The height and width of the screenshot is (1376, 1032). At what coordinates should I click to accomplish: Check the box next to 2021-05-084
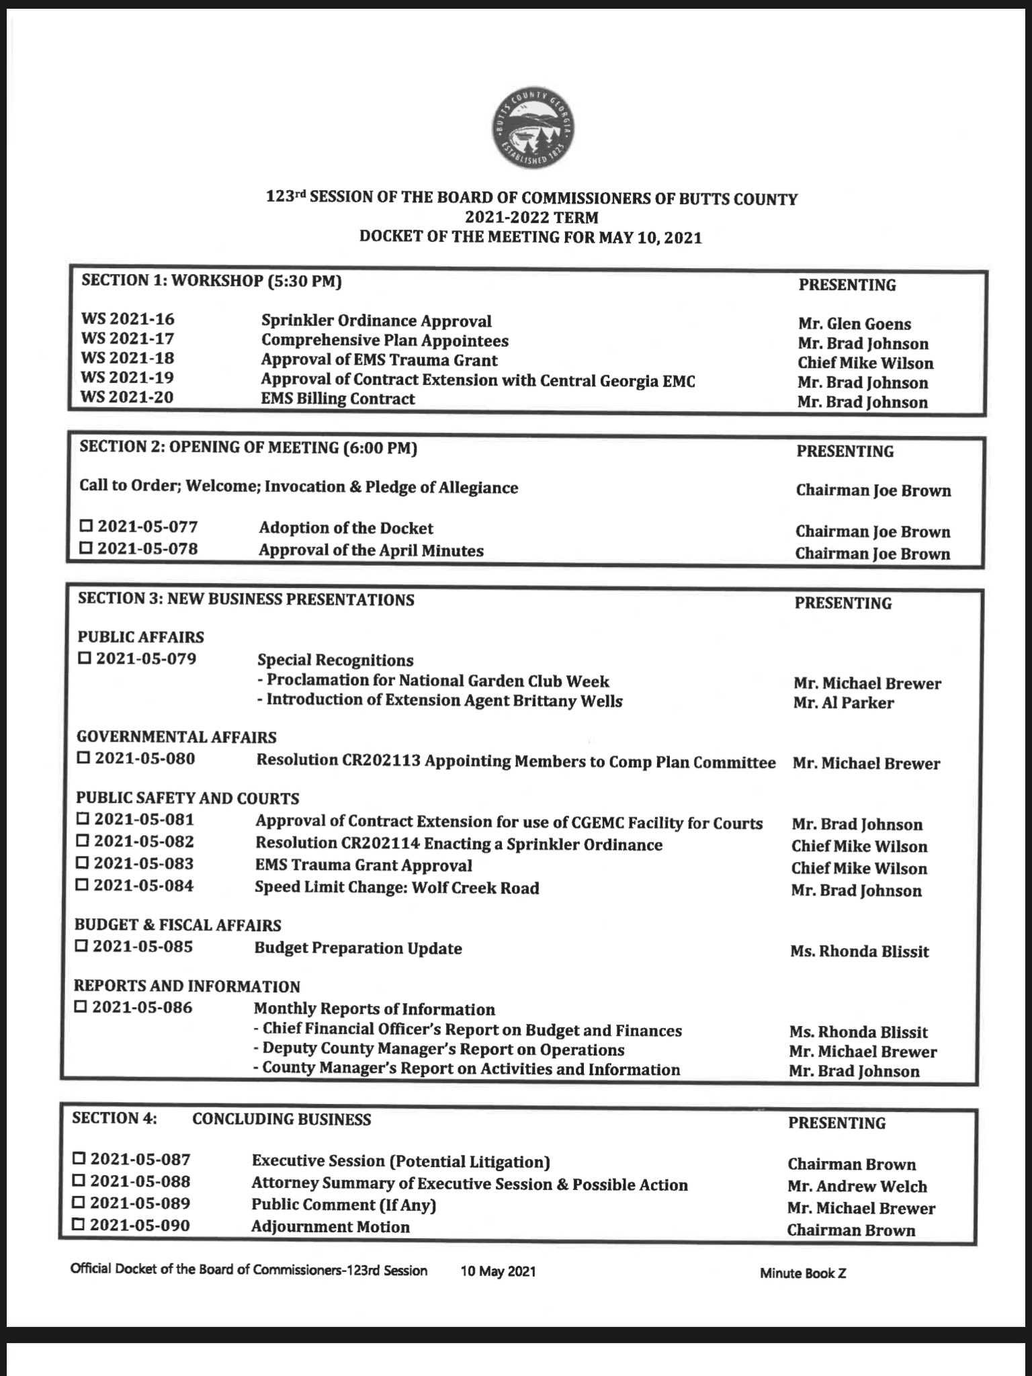(x=82, y=885)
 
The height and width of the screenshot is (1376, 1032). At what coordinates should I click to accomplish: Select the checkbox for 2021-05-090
(x=79, y=1224)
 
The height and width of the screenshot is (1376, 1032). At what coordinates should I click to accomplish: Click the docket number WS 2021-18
(x=127, y=358)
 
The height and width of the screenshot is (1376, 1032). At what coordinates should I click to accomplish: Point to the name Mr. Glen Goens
(x=855, y=324)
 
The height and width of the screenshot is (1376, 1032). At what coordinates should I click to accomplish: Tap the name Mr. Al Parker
(x=843, y=703)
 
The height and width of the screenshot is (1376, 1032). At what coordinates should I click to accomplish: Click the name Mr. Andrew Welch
(x=857, y=1187)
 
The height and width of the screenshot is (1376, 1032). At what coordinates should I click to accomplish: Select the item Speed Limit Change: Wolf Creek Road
(x=396, y=888)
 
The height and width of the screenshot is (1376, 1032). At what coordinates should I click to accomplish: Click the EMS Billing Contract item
(x=338, y=398)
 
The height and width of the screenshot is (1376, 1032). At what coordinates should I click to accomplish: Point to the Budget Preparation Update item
(x=358, y=948)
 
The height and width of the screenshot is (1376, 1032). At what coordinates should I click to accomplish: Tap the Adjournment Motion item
(x=331, y=1226)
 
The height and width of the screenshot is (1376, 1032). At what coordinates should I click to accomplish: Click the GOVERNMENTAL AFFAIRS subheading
(x=176, y=737)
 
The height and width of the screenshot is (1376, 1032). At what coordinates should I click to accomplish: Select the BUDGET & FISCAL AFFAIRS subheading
(x=178, y=925)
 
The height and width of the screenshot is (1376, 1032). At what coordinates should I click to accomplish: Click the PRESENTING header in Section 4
(x=836, y=1123)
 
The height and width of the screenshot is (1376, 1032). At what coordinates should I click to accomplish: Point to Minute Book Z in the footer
(x=803, y=1273)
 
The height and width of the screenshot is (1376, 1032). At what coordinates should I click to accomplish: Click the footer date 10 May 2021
(x=498, y=1271)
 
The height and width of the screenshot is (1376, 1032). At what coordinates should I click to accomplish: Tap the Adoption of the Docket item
(x=346, y=528)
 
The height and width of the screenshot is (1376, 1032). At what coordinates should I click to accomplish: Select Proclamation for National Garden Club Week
(x=433, y=681)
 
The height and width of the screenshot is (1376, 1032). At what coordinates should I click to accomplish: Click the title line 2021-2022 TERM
(x=531, y=218)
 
